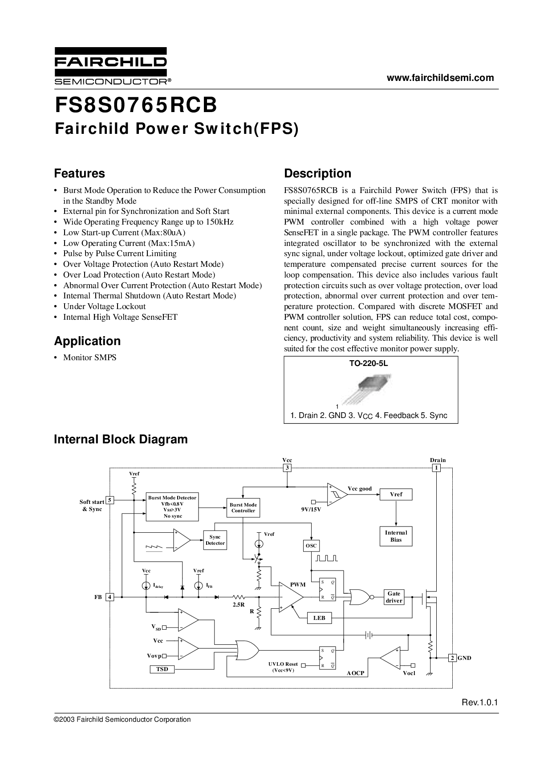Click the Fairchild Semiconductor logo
coord(111,66)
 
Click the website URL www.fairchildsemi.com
coord(440,78)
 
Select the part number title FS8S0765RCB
coord(136,106)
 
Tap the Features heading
coord(80,173)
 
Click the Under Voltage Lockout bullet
coord(104,306)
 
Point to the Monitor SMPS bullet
coord(89,358)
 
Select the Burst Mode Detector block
coord(172,507)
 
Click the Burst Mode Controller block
coord(243,508)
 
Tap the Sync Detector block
coord(215,540)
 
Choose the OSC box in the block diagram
coord(311,546)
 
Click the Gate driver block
coord(394,597)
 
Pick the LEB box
coord(319,618)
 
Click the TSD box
coord(162,669)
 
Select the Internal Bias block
coord(396,536)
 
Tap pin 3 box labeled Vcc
coord(287,468)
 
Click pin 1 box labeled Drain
coord(437,468)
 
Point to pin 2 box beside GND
coord(452,658)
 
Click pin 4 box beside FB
coord(109,597)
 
